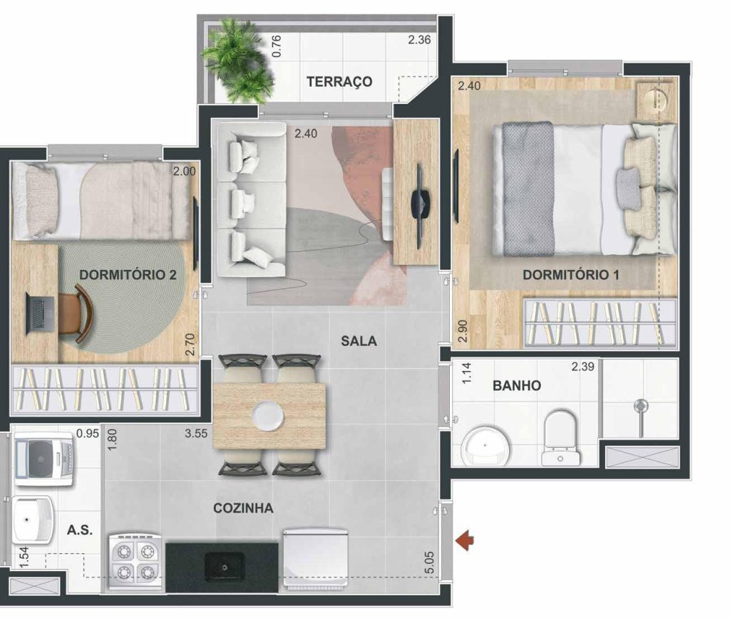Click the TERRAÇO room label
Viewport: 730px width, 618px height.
pyautogui.click(x=339, y=82)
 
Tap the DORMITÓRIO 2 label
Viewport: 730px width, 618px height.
pyautogui.click(x=128, y=274)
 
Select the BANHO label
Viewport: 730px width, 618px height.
pyautogui.click(x=517, y=385)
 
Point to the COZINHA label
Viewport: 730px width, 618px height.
pyautogui.click(x=243, y=508)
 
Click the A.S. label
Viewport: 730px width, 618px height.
pyautogui.click(x=80, y=530)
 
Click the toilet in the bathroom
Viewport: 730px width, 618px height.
pyautogui.click(x=560, y=437)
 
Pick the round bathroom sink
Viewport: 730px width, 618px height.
pyautogui.click(x=485, y=446)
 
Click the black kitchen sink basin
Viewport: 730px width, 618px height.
pyautogui.click(x=225, y=567)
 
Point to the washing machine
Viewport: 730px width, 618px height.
pyautogui.click(x=43, y=458)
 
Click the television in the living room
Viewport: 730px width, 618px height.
pyautogui.click(x=421, y=206)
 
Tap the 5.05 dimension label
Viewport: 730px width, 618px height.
pyautogui.click(x=429, y=562)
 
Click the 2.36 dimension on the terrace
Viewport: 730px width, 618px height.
pyautogui.click(x=419, y=40)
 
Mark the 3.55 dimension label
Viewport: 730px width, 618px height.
pyautogui.click(x=196, y=434)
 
